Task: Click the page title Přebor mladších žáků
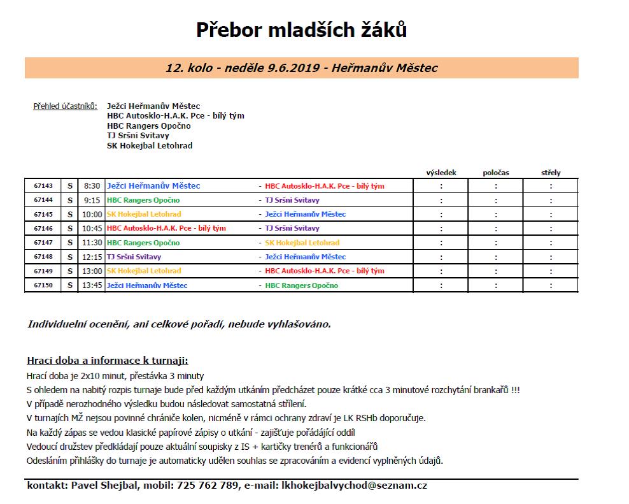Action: (301, 30)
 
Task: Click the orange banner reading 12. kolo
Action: (301, 68)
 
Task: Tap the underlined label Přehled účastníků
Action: (65, 106)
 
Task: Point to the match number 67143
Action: (43, 186)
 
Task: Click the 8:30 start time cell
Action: (92, 186)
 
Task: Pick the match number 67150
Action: (43, 285)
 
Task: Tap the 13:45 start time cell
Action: (92, 285)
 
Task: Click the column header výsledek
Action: (441, 173)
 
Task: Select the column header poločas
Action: (496, 173)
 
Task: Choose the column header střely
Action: (550, 173)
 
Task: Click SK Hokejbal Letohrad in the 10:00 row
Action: (144, 214)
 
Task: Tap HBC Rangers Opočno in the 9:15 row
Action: (143, 200)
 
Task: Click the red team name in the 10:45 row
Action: (166, 228)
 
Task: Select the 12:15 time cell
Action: (92, 257)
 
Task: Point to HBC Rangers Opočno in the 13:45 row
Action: (301, 285)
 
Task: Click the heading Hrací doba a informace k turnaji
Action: (108, 360)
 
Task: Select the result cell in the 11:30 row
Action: (441, 243)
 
